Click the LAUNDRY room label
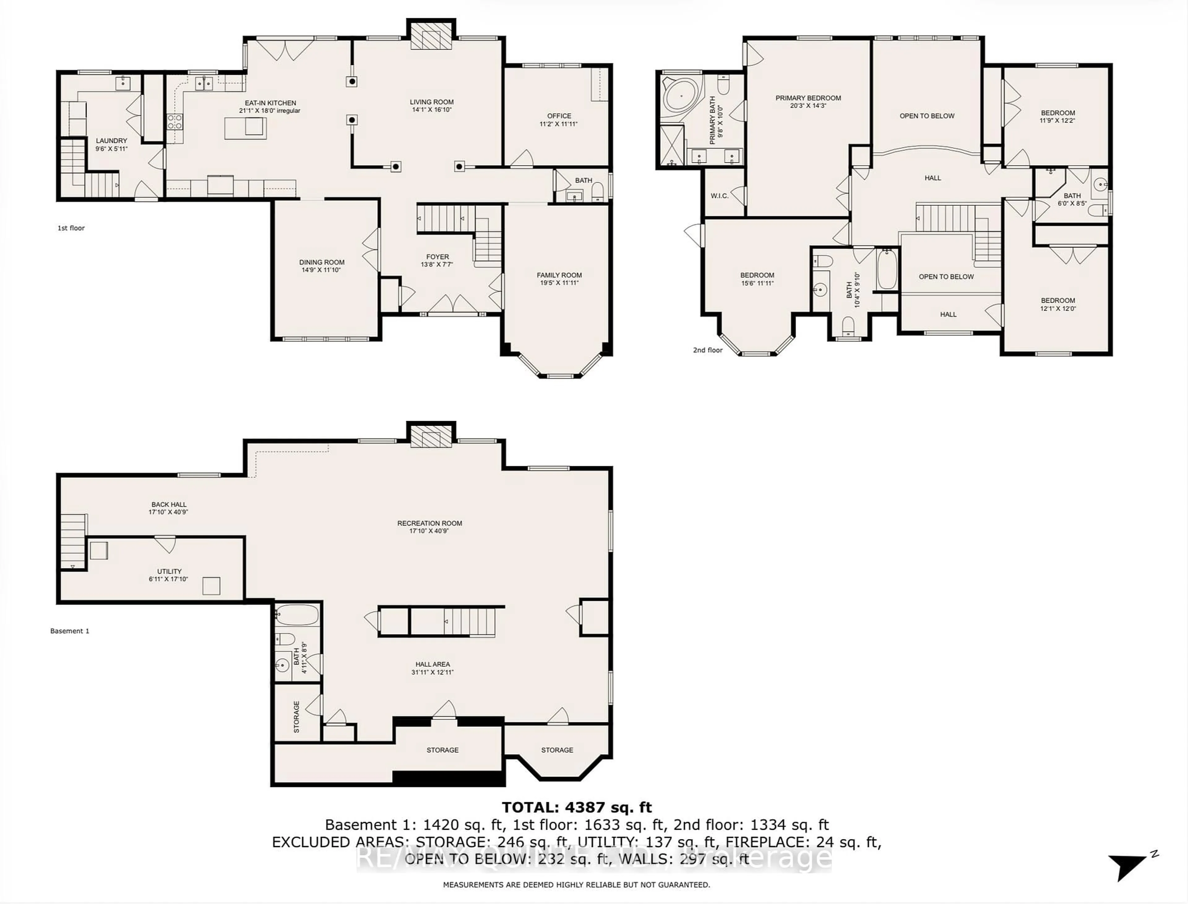click(111, 140)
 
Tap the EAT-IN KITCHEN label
click(270, 103)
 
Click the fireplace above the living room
click(431, 36)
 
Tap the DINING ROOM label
click(322, 262)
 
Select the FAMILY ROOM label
click(559, 275)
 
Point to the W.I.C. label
click(719, 196)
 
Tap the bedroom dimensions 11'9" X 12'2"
click(1057, 121)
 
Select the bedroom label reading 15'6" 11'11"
click(757, 283)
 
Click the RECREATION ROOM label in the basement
click(429, 523)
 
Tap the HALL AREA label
click(432, 664)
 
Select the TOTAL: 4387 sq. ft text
click(577, 807)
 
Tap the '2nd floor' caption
click(708, 350)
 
